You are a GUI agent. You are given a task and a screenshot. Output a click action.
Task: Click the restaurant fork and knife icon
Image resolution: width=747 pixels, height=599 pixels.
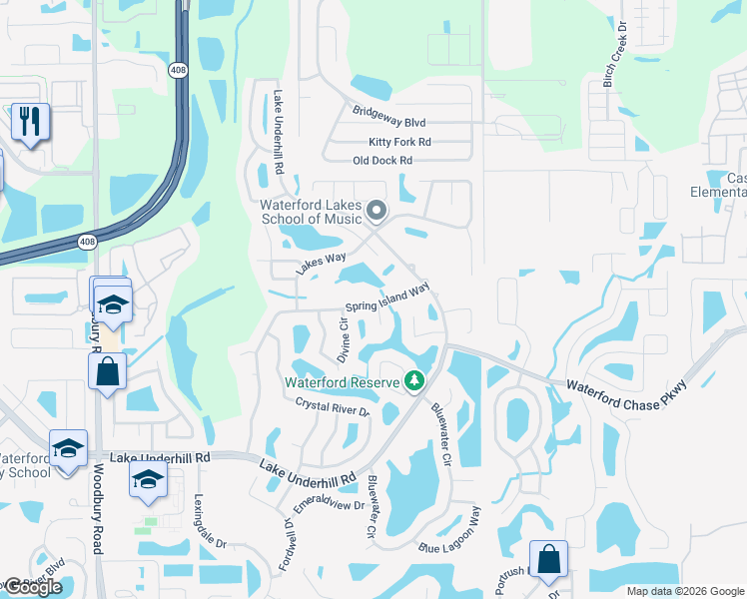pyautogui.click(x=30, y=122)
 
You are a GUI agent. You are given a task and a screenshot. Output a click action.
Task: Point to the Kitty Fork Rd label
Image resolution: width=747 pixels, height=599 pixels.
pyautogui.click(x=398, y=143)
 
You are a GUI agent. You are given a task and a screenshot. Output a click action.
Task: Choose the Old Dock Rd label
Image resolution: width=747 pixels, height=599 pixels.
pyautogui.click(x=382, y=161)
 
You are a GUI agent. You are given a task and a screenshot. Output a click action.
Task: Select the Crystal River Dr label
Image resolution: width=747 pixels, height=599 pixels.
pyautogui.click(x=333, y=407)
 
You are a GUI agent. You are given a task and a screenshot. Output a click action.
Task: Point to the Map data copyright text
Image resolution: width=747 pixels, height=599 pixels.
pyautogui.click(x=684, y=591)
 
